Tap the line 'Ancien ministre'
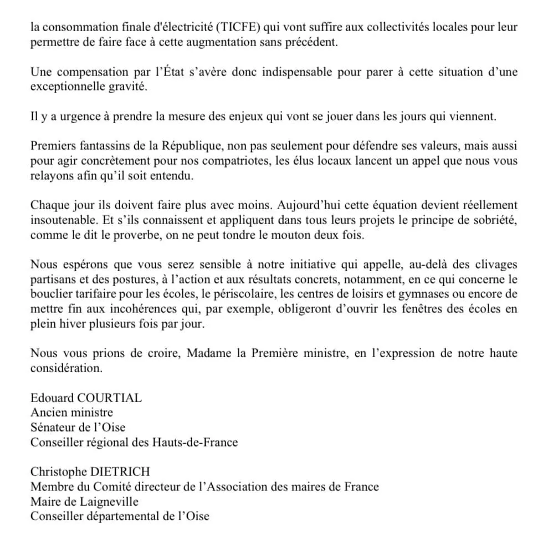71,413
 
